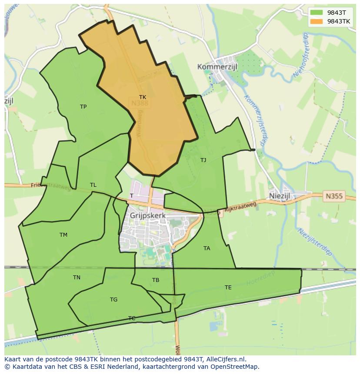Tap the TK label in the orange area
143,97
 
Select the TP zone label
83,107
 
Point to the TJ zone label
203,160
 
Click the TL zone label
93,185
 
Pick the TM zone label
63,235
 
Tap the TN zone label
77,278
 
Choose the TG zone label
113,300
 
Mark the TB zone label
156,280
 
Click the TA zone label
207,248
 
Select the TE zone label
228,288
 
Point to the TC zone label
132,318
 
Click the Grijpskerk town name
148,215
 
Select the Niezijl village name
279,196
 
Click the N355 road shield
334,196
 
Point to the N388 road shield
140,103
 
